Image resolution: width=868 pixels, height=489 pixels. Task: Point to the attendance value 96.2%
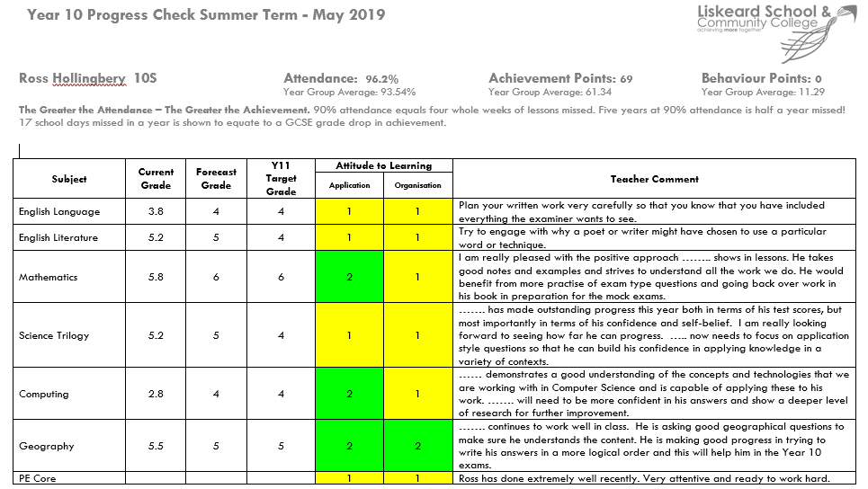(x=381, y=79)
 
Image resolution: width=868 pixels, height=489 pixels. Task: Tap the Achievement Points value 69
(x=625, y=79)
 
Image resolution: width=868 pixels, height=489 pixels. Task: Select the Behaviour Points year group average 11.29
(x=809, y=92)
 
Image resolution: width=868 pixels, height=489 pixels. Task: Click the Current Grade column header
(x=157, y=179)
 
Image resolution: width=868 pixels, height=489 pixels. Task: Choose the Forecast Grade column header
(x=216, y=179)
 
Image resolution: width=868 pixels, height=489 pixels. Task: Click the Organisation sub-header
(x=418, y=186)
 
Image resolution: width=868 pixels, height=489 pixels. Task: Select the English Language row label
(x=59, y=212)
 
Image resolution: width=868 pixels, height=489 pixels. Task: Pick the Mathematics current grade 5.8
(x=157, y=278)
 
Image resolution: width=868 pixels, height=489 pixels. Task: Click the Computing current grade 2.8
(x=157, y=395)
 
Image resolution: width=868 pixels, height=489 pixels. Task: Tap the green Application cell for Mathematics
(x=350, y=278)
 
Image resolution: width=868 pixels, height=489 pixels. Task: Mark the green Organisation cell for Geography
(x=418, y=447)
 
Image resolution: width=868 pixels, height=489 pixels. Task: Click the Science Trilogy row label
(x=54, y=336)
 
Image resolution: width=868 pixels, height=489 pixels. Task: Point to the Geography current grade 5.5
(x=157, y=447)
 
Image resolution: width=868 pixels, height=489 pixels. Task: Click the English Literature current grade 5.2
(x=157, y=238)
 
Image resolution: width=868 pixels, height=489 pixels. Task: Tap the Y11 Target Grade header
(x=281, y=178)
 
